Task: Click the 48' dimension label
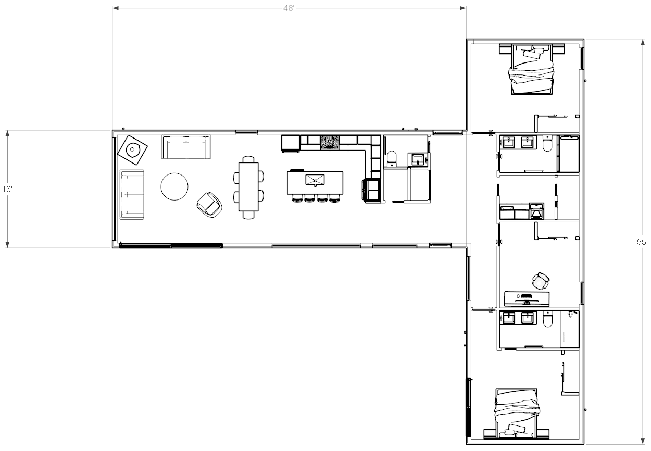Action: pyautogui.click(x=289, y=8)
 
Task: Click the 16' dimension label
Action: pyautogui.click(x=7, y=190)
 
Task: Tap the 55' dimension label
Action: pyautogui.click(x=642, y=242)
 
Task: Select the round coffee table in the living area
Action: pyautogui.click(x=174, y=186)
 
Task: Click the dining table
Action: pyautogui.click(x=248, y=186)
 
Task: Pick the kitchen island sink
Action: pyautogui.click(x=315, y=180)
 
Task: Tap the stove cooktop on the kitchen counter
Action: pyautogui.click(x=330, y=143)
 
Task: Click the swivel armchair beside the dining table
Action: pyautogui.click(x=209, y=205)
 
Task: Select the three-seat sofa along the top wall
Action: pyautogui.click(x=186, y=147)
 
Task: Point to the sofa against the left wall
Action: pyautogui.click(x=132, y=195)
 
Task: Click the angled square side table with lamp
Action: pyautogui.click(x=132, y=150)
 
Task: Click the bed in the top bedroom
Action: pyautogui.click(x=532, y=69)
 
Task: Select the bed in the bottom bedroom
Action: pyautogui.click(x=517, y=414)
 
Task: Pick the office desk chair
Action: pyautogui.click(x=541, y=281)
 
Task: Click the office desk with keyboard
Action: pyautogui.click(x=527, y=299)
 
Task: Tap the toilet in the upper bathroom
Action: pyautogui.click(x=547, y=144)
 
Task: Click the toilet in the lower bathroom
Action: pyautogui.click(x=547, y=319)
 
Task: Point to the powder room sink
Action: pyautogui.click(x=418, y=159)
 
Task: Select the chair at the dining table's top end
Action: pyautogui.click(x=248, y=159)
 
